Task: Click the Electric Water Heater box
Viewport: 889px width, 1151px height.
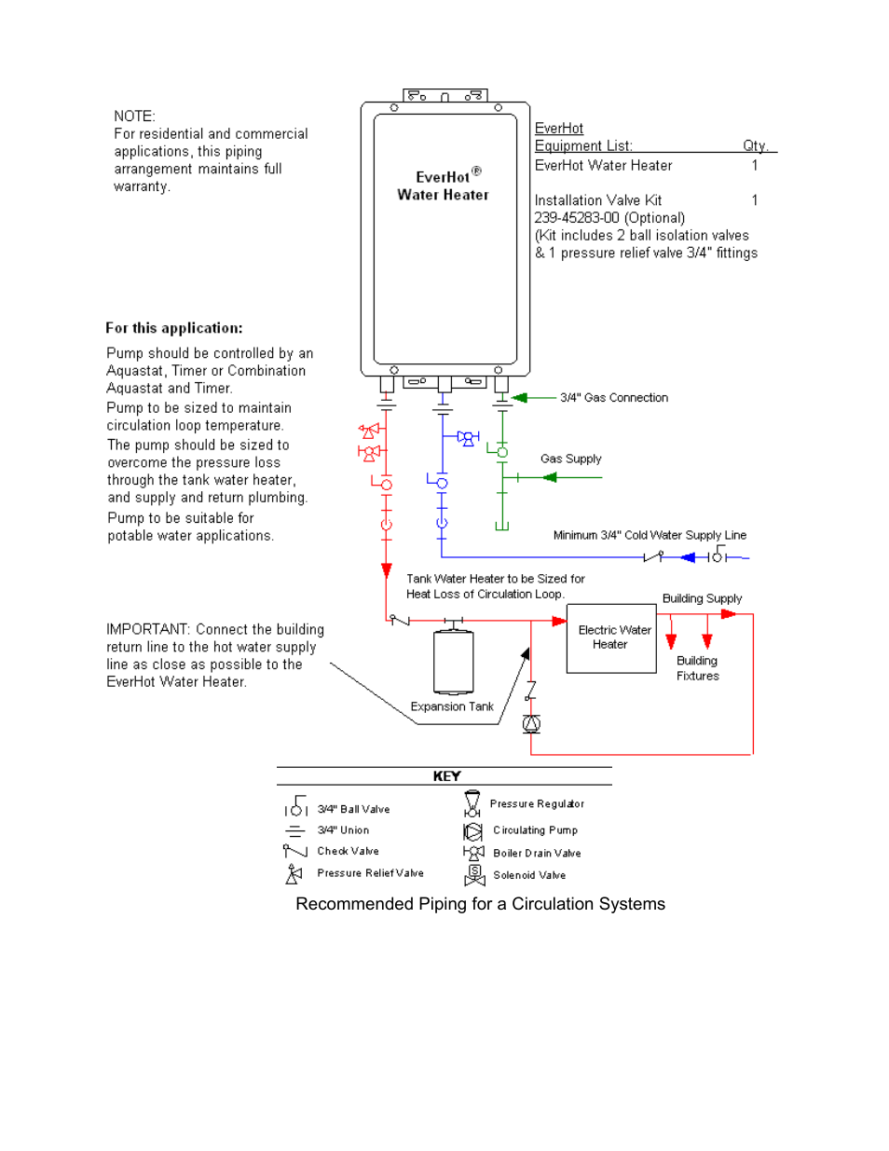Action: (611, 638)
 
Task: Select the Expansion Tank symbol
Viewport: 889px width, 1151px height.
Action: (454, 663)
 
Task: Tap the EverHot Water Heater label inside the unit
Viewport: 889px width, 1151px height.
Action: (444, 185)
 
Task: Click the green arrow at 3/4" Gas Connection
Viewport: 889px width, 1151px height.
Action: (520, 398)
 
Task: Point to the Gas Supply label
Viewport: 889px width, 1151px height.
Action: (570, 459)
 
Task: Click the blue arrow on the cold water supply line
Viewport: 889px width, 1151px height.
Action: (688, 557)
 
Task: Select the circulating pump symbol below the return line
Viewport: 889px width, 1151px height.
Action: (531, 724)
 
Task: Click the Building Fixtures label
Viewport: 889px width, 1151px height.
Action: (697, 668)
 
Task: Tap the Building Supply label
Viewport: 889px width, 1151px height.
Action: (702, 598)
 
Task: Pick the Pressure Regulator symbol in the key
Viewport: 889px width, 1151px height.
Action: (472, 803)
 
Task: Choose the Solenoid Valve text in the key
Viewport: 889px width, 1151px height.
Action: (529, 875)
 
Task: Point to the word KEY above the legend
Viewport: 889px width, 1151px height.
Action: (446, 776)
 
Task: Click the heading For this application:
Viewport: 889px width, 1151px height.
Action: (174, 328)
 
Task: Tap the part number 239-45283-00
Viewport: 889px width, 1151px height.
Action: (577, 218)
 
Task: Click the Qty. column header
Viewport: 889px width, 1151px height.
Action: (755, 145)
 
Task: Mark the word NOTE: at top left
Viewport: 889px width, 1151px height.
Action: (134, 116)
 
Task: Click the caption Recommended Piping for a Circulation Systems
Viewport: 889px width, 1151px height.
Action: (480, 904)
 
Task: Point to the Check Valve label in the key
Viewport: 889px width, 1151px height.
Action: (348, 851)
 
